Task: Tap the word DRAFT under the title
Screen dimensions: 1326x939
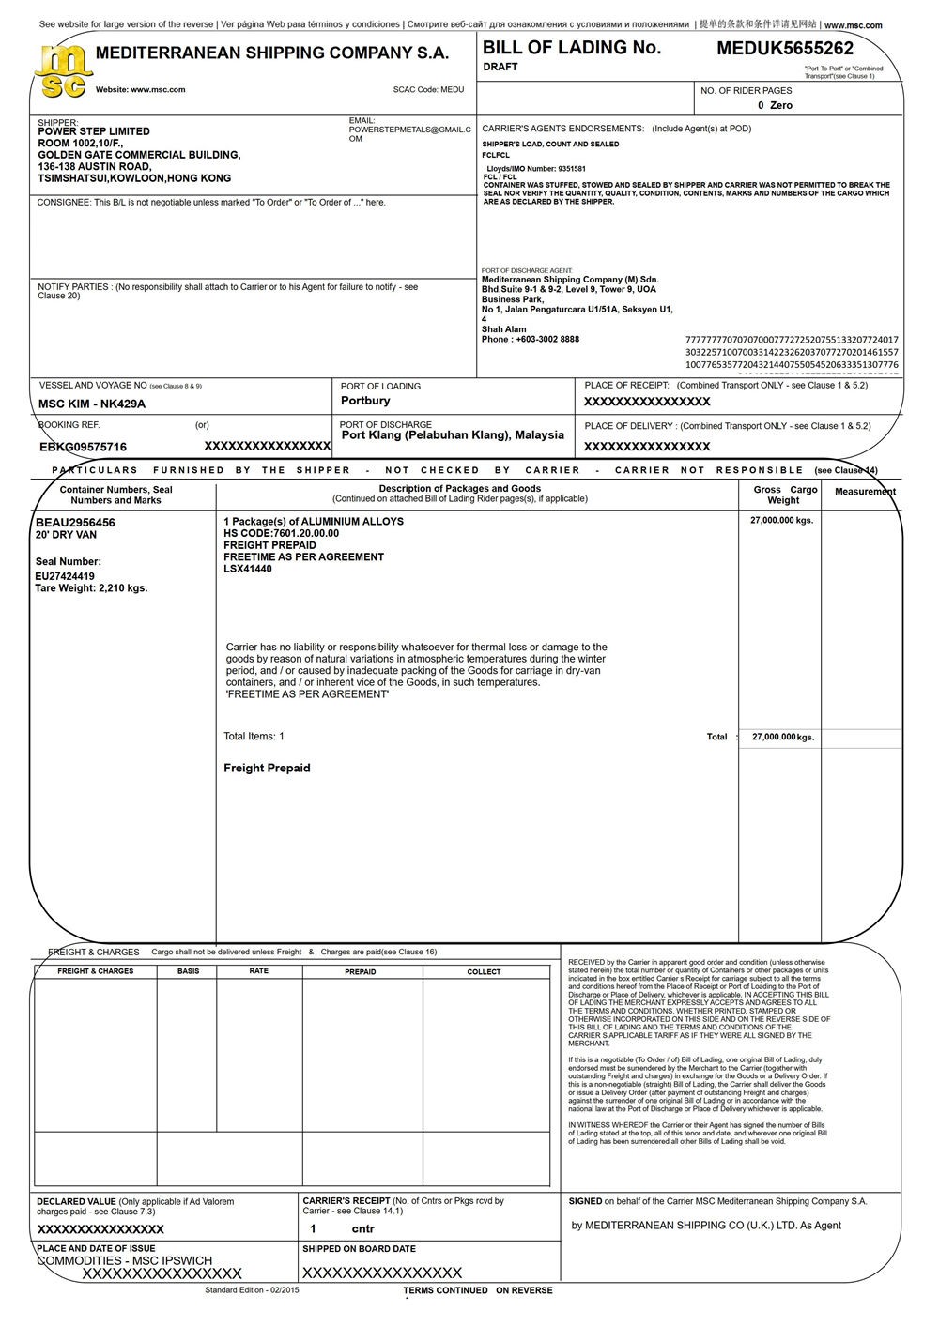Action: tap(500, 68)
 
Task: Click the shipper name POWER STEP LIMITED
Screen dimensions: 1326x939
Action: tap(94, 131)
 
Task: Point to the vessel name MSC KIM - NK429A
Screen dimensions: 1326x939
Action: tap(92, 404)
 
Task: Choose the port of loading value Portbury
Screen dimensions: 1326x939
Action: tap(365, 401)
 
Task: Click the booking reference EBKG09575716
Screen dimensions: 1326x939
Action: tap(83, 448)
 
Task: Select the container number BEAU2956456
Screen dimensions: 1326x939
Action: tap(75, 523)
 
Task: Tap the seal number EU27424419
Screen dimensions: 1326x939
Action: tap(65, 576)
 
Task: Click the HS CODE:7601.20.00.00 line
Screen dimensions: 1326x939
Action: tap(281, 533)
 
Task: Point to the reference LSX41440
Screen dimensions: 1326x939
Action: tap(248, 569)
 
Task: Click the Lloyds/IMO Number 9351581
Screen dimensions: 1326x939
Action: tap(534, 169)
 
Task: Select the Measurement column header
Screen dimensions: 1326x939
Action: tap(865, 492)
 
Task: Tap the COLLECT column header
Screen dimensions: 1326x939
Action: tap(484, 972)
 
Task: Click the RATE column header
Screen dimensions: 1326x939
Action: tap(259, 971)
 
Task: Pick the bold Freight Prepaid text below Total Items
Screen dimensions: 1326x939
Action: tap(267, 769)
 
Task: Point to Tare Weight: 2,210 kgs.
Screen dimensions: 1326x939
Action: tap(91, 588)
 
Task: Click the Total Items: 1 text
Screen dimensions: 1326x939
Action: tap(254, 737)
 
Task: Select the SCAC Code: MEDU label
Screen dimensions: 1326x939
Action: tap(428, 90)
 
